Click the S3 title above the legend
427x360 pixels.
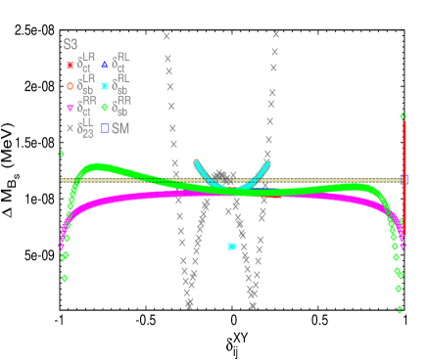[71, 44]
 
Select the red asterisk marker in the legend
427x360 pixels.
[70, 66]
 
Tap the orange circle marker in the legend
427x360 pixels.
[70, 86]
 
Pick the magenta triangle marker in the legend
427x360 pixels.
[70, 108]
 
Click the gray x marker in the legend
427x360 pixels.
[70, 128]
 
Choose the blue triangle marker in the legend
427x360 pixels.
[105, 65]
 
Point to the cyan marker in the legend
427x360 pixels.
[105, 86]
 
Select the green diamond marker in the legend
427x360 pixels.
[105, 108]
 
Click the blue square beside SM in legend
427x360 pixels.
[105, 128]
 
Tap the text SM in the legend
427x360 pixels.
[120, 128]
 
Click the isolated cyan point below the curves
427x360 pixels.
[232, 247]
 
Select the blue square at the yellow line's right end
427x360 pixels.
[404, 180]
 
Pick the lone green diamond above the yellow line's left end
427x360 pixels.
[61, 154]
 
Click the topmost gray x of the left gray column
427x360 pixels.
[166, 36]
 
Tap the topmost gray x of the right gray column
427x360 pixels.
[275, 34]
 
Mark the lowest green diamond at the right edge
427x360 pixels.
[400, 309]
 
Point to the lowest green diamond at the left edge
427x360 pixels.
[65, 278]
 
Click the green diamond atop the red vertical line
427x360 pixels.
[403, 116]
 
